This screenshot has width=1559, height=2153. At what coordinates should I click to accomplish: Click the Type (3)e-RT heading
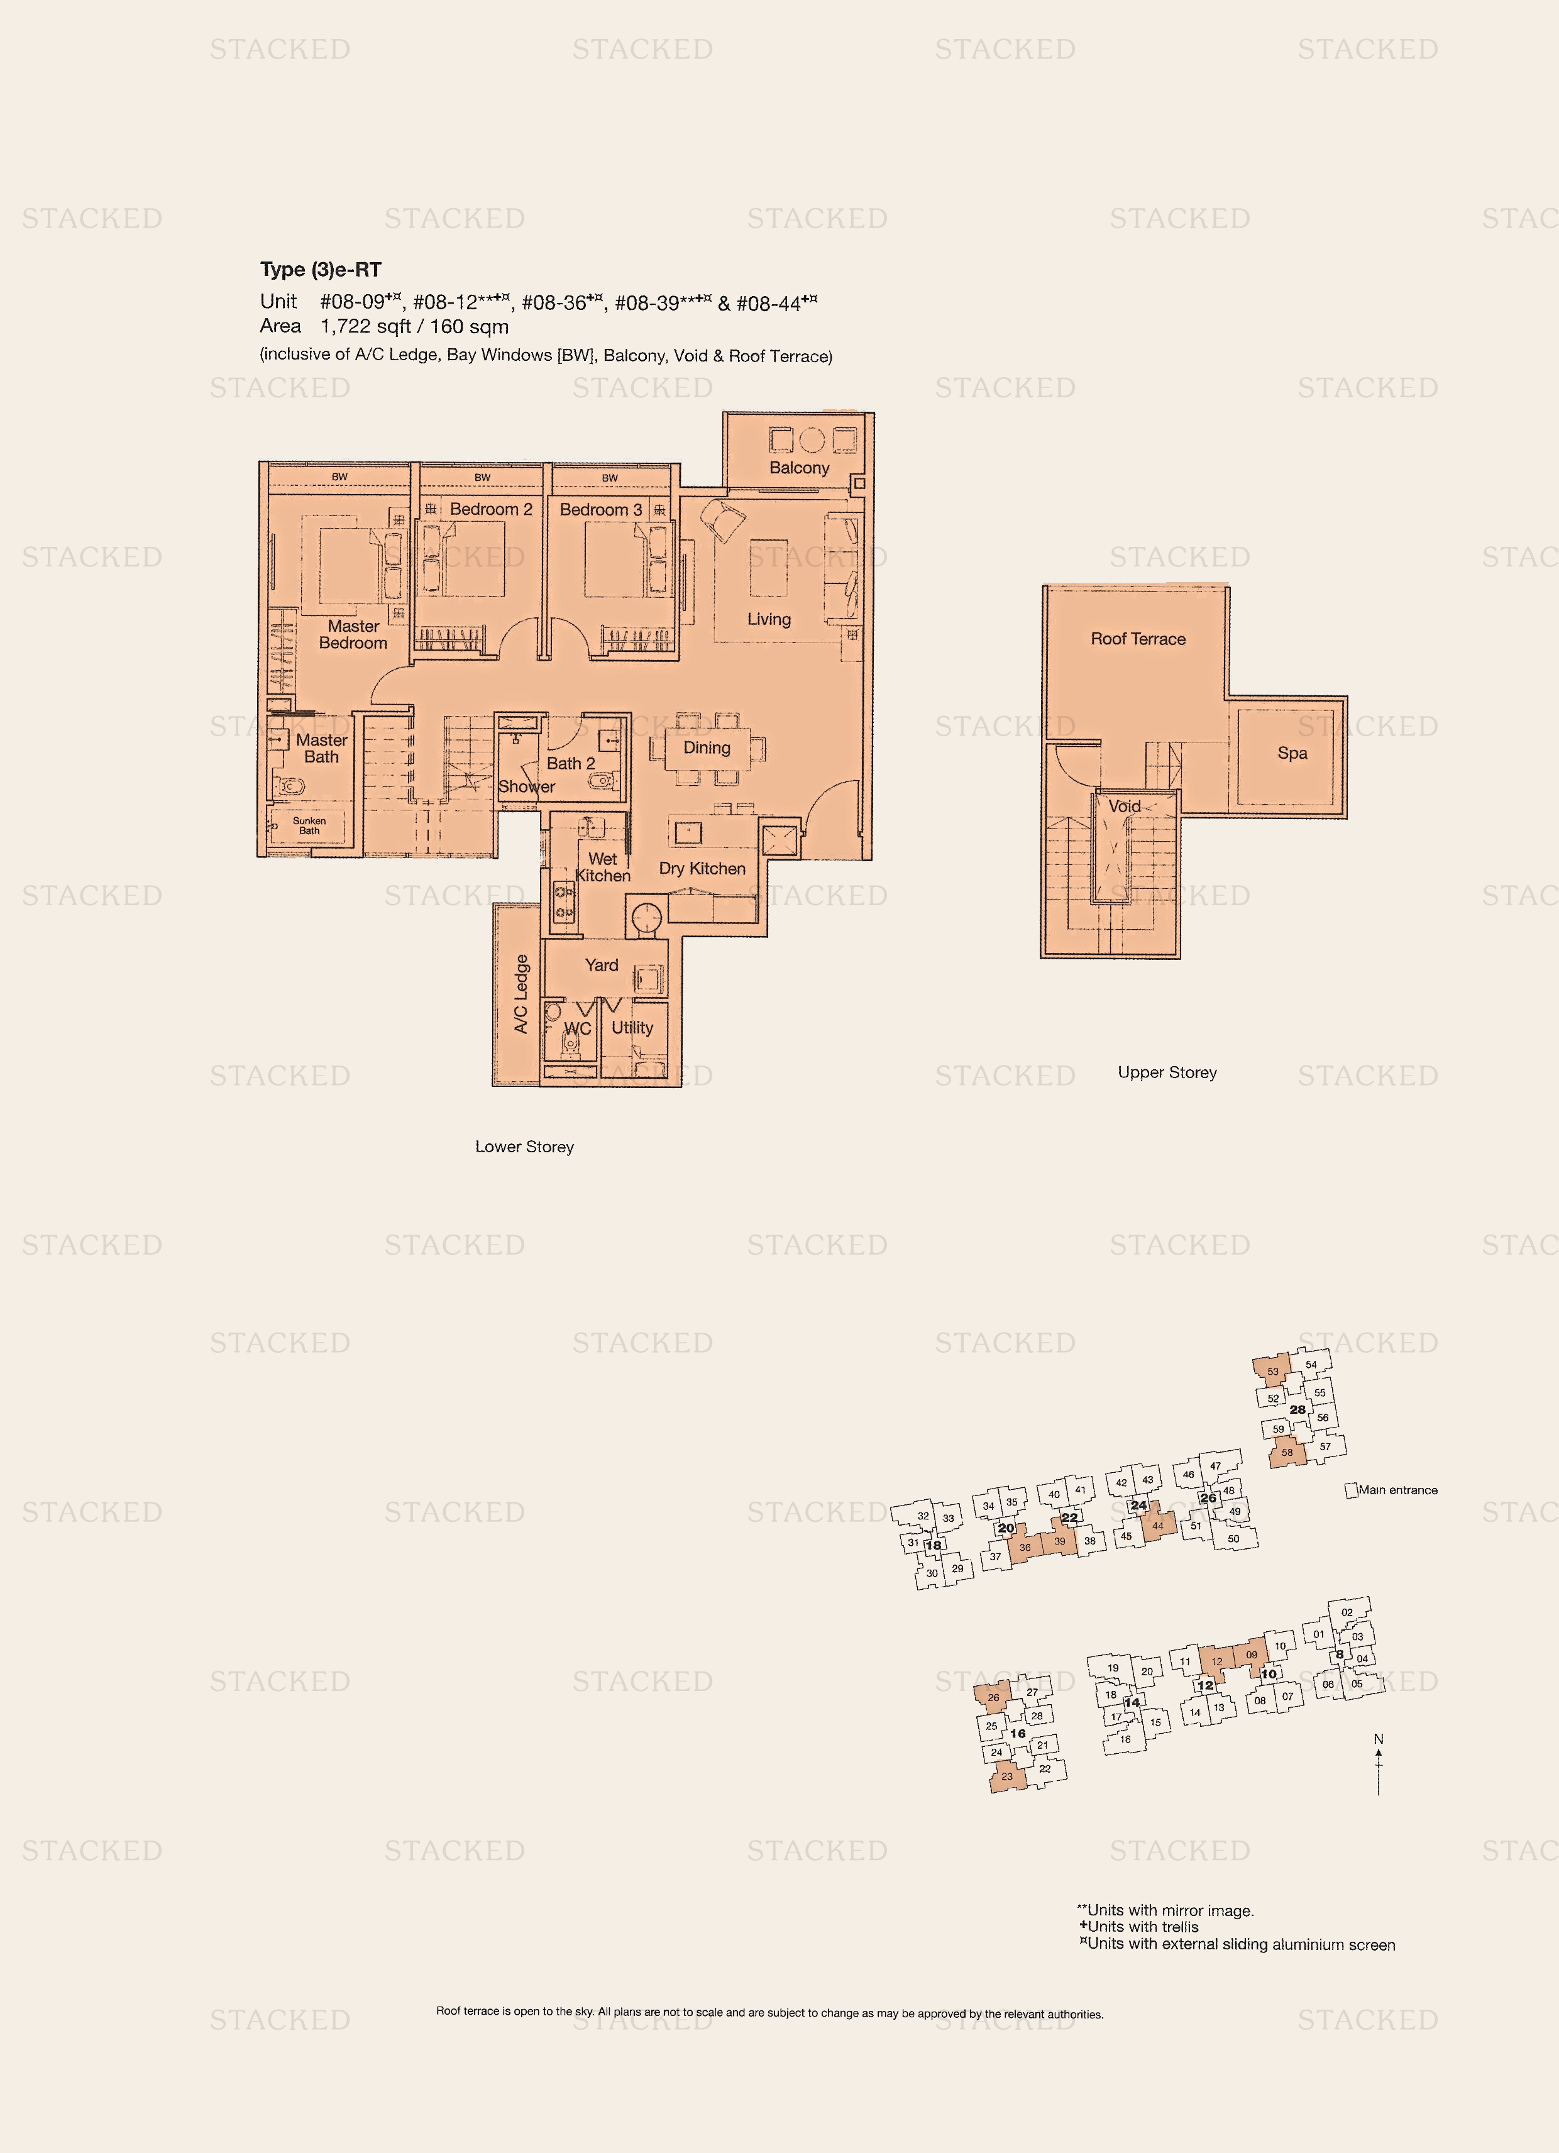coord(321,270)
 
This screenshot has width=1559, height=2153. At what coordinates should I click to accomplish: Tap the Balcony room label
coord(800,468)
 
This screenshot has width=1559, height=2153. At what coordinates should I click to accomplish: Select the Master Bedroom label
coord(353,634)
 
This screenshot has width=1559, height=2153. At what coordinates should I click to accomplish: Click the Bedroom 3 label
coord(601,510)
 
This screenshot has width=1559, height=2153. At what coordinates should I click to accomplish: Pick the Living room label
coord(769,619)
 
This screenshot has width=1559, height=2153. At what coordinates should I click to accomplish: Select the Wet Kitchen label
coord(603,867)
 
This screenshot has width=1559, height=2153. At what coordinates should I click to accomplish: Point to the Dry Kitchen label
coord(703,869)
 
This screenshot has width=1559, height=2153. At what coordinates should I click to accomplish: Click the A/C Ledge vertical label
coord(521,994)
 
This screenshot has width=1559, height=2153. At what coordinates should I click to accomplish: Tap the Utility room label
coord(632,1027)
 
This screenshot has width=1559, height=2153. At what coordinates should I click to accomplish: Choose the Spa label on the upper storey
coord(1292,753)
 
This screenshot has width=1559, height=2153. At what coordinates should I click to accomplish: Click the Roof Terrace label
coord(1138,639)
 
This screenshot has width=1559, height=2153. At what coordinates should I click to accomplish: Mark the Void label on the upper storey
coord(1125,806)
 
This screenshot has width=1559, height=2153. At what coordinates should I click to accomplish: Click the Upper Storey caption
coord(1167,1072)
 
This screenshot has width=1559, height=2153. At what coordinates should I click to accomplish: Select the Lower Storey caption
coord(524,1147)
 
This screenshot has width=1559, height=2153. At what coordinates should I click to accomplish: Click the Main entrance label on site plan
coord(1397,1490)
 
